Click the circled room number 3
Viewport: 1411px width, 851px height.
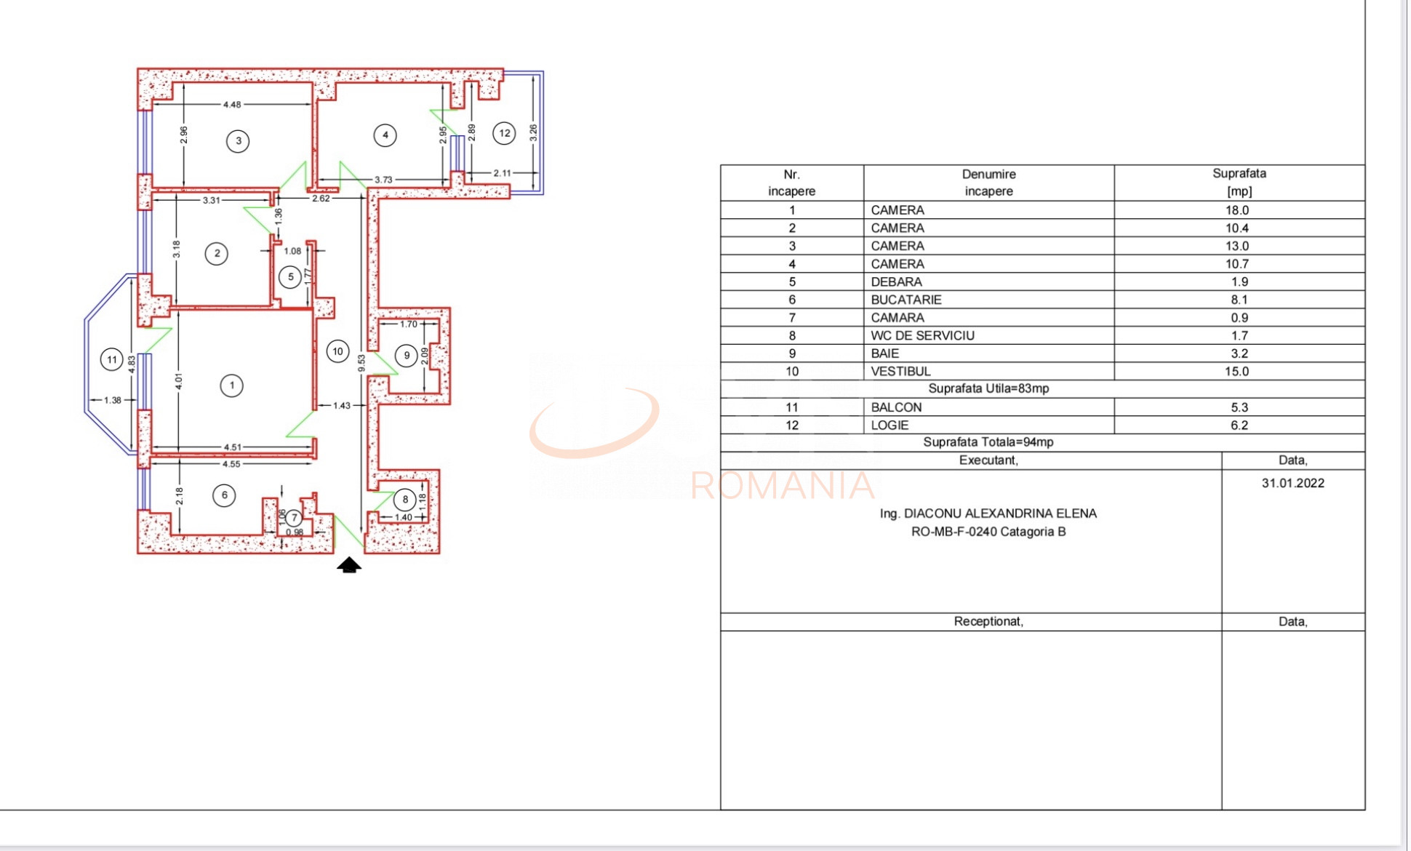coord(238,141)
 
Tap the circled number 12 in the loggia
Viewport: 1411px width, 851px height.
coord(504,133)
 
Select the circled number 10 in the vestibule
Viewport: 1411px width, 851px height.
coord(337,351)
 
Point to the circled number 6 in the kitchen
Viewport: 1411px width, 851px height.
coord(224,495)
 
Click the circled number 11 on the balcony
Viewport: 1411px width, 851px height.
coord(112,359)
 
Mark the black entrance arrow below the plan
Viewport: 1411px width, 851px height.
coord(349,564)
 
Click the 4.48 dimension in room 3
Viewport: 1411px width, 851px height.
coord(232,105)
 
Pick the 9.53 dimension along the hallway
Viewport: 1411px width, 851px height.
coord(361,363)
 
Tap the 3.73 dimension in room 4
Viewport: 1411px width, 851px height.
coord(383,180)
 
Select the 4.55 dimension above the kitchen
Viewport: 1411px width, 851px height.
coord(231,464)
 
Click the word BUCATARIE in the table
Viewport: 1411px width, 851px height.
coord(906,300)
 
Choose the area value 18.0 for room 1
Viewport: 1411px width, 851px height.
coord(1237,210)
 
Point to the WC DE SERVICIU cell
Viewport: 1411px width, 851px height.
coord(922,335)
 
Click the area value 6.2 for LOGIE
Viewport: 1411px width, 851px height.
coord(1239,425)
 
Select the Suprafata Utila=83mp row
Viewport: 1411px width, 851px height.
coord(988,388)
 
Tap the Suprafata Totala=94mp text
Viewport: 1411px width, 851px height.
coord(988,442)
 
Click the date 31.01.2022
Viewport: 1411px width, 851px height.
coord(1293,483)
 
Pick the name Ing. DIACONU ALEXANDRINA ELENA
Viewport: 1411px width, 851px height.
coord(988,514)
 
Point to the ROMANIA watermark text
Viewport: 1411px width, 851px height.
coord(783,486)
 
